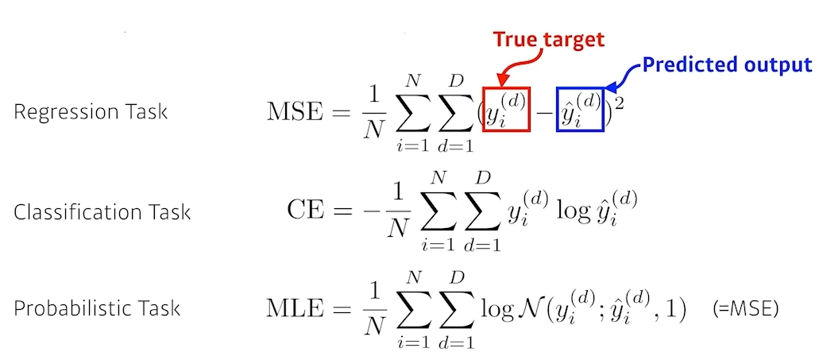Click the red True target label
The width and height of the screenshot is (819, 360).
[549, 39]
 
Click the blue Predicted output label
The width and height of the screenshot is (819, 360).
[727, 64]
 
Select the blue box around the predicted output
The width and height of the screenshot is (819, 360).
[579, 110]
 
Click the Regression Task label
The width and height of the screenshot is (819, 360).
[91, 111]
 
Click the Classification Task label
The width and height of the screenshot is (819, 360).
[102, 212]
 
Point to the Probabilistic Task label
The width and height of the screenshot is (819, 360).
[97, 308]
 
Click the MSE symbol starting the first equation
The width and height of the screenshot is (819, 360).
[295, 110]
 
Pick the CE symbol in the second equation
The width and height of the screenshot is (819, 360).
[305, 211]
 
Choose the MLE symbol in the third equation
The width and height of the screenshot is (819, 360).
[296, 308]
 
